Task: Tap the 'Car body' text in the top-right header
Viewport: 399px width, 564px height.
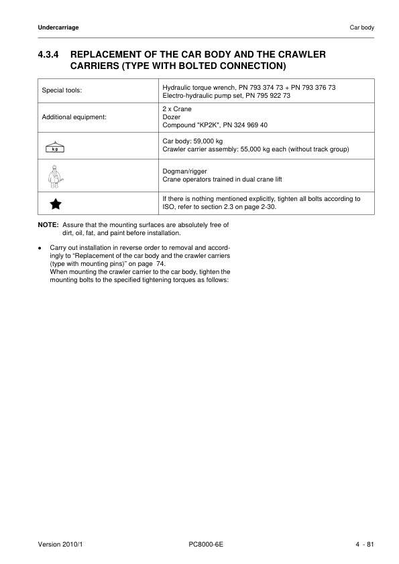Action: pyautogui.click(x=362, y=27)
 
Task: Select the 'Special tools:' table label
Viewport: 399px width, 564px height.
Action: pyautogui.click(x=62, y=90)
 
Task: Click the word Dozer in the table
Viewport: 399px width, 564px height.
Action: pyautogui.click(x=172, y=117)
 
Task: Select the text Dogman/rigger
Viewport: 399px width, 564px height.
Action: pyautogui.click(x=184, y=171)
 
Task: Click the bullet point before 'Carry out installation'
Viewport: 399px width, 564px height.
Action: pyautogui.click(x=41, y=249)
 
